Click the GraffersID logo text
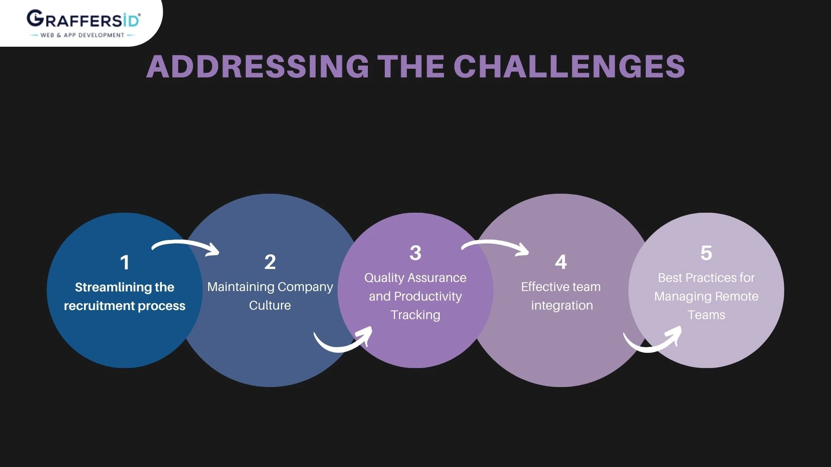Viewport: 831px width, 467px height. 83,19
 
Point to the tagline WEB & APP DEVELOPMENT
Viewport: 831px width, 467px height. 82,35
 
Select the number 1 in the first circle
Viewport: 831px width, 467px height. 125,262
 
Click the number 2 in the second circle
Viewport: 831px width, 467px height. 270,262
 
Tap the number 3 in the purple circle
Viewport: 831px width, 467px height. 415,253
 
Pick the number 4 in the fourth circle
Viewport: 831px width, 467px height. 561,262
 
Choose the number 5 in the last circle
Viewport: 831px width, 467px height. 706,253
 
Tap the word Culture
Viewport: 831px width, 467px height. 270,305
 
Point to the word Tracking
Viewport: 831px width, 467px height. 415,315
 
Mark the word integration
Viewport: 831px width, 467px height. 562,305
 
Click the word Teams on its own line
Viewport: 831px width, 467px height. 706,315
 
